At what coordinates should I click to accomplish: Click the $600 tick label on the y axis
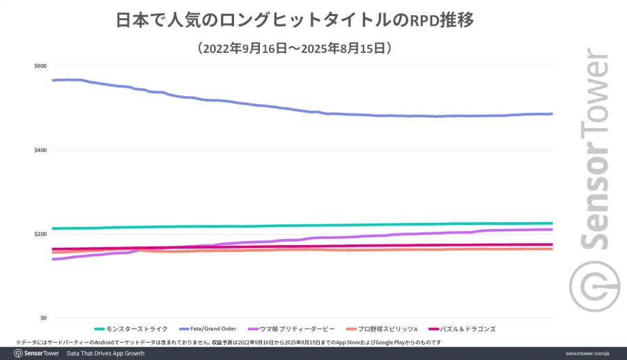pyautogui.click(x=40, y=66)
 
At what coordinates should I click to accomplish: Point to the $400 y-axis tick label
pyautogui.click(x=40, y=150)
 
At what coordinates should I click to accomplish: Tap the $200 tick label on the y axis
pyautogui.click(x=40, y=234)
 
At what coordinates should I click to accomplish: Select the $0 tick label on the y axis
pyautogui.click(x=43, y=318)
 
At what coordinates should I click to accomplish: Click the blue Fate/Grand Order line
pyautogui.click(x=279, y=108)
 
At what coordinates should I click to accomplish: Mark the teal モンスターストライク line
pyautogui.click(x=279, y=226)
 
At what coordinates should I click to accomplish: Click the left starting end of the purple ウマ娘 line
pyautogui.click(x=54, y=259)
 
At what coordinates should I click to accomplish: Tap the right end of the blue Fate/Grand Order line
pyautogui.click(x=551, y=114)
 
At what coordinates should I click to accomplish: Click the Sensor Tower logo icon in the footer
pyautogui.click(x=20, y=354)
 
